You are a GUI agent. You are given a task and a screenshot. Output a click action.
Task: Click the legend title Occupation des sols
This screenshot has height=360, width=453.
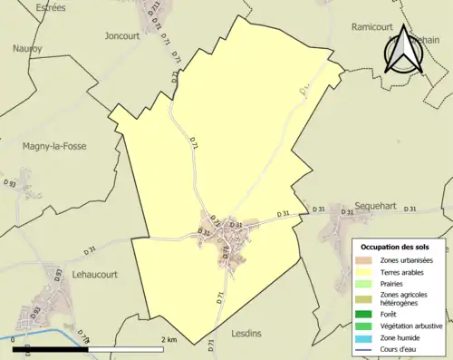395,247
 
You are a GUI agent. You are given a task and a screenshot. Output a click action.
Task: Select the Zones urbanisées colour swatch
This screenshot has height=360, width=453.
364,261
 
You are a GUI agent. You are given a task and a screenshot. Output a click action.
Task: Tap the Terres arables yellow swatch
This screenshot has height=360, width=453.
364,271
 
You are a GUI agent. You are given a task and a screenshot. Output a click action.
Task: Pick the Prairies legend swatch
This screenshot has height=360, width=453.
364,282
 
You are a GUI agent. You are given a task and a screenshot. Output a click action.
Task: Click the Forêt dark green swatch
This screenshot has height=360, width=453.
364,315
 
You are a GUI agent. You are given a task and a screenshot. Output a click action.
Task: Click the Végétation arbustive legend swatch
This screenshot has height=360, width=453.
364,326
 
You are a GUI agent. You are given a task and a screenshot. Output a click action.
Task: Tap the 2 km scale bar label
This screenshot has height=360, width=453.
169,339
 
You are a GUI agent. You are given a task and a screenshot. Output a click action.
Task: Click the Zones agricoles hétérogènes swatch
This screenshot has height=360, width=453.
364,298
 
